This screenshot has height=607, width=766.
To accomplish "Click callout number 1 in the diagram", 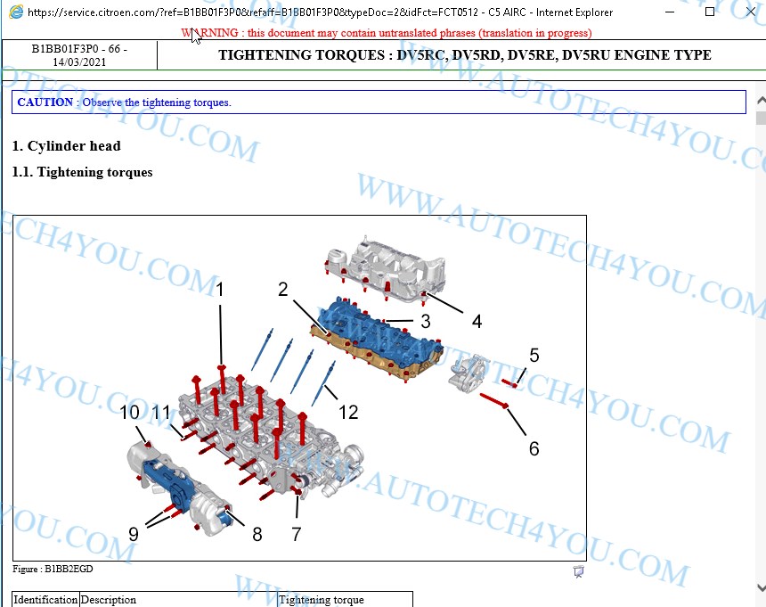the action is [220, 290].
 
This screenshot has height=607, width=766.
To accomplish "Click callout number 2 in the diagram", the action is [283, 290].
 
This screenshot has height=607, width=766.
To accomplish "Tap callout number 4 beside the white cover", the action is [477, 321].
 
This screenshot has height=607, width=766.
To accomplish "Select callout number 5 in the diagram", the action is [534, 356].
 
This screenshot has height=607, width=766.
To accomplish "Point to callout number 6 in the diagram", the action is [534, 448].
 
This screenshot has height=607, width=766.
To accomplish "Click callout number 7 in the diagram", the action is [296, 534].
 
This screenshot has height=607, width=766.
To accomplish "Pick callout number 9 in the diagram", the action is [134, 534].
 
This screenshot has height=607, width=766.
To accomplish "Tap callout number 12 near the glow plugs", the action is [348, 413].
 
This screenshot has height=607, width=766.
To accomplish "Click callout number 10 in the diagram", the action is [130, 413].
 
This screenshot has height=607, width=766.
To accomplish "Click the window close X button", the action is [751, 12].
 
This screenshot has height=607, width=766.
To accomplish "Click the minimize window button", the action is [670, 12].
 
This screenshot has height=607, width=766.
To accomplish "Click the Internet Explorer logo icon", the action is [16, 12].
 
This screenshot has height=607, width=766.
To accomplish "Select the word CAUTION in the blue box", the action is [45, 103].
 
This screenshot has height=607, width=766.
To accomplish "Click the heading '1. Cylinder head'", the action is [67, 145].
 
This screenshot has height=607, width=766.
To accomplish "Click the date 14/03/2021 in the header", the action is [79, 62].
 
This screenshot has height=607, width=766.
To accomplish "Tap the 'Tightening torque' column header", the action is [321, 600].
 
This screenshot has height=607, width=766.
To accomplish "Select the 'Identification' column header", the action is [45, 600].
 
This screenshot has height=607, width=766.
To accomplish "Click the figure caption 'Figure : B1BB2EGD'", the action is [53, 569].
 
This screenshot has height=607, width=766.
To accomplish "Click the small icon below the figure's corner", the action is [578, 571].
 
